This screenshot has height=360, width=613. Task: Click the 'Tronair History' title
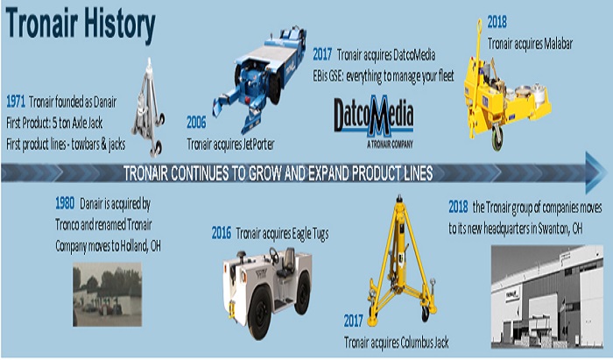tap(81, 25)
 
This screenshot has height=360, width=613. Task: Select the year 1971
tap(16, 102)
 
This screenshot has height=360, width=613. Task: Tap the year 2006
tap(196, 123)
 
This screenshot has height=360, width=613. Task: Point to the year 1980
tap(65, 203)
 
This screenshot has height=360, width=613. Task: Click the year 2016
tap(222, 233)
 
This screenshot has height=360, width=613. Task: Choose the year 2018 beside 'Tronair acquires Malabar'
tap(497, 22)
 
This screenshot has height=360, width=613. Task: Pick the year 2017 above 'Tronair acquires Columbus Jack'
tap(354, 321)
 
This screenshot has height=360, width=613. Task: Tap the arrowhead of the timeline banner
tap(595, 173)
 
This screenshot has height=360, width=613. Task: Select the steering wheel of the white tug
tap(274, 256)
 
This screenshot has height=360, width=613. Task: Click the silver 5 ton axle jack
tap(148, 108)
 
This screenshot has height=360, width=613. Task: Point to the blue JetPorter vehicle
tap(259, 78)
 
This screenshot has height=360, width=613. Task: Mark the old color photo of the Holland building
tap(108, 294)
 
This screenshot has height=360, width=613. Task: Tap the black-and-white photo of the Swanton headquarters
tap(547, 296)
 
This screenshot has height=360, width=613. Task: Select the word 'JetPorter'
tap(259, 145)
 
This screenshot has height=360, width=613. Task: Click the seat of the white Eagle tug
tap(288, 262)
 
